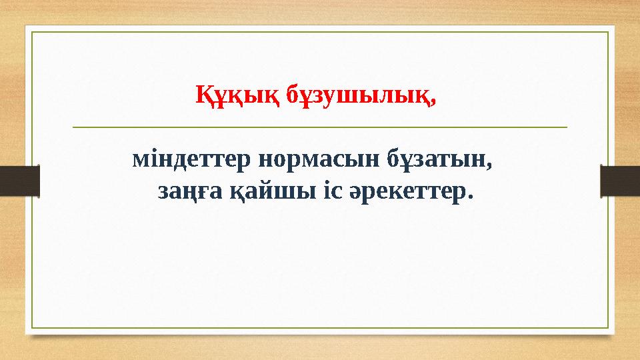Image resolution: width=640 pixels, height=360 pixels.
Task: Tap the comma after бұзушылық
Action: pos(436,101)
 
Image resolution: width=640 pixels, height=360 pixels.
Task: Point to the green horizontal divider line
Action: pos(319,126)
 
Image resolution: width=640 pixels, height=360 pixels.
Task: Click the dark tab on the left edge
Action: pos(19,181)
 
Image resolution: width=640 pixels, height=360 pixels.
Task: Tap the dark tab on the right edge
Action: pos(620,181)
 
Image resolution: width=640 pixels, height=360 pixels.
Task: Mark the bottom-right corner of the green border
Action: pos(608,328)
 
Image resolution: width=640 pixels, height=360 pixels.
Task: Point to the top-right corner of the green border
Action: pos(608,31)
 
